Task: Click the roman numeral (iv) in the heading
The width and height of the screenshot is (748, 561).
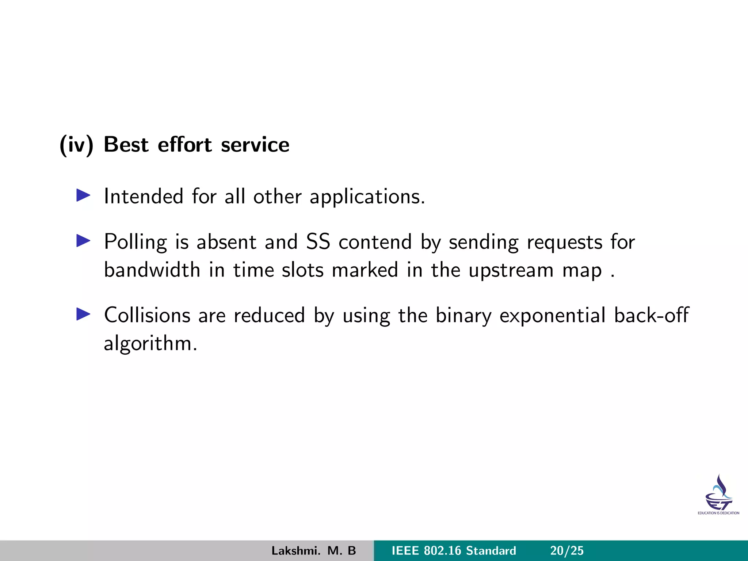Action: [x=76, y=145]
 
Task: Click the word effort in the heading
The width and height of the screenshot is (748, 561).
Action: [x=184, y=145]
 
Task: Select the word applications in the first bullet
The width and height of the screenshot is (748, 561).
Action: [x=367, y=197]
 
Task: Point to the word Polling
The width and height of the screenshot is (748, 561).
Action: [x=135, y=243]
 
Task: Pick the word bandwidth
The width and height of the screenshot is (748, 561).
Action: [x=152, y=270]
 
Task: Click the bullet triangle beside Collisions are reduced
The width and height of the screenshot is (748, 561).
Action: [x=83, y=314]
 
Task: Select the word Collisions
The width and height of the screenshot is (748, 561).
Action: [x=147, y=315]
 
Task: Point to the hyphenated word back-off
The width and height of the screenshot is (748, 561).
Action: [x=651, y=315]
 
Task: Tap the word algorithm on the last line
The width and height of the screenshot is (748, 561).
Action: [x=150, y=344]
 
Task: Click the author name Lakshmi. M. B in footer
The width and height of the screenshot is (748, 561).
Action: [x=313, y=551]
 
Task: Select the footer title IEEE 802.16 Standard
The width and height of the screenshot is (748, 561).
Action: [x=454, y=551]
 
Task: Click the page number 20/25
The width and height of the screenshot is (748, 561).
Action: [x=567, y=551]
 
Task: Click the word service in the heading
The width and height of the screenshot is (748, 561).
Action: [x=255, y=145]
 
